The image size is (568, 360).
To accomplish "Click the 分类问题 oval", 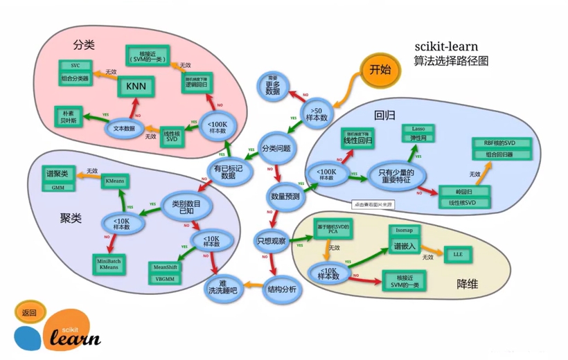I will click(276, 148).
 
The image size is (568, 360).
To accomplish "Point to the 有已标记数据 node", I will click(224, 170).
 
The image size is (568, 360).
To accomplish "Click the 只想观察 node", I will click(271, 240).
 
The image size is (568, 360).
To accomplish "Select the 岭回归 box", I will click(462, 191).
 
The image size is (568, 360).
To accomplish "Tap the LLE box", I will click(458, 254).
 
